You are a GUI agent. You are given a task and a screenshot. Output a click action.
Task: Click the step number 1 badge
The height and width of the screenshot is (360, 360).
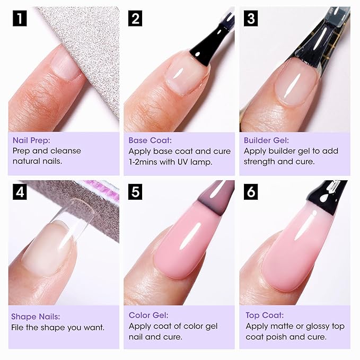pos(19,19)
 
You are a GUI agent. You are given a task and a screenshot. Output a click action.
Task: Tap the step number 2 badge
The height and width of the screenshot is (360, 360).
pos(135,19)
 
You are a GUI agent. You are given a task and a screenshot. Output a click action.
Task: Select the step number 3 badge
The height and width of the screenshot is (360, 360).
pos(250,19)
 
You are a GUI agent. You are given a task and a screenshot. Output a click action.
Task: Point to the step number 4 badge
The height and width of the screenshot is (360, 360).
pos(19,191)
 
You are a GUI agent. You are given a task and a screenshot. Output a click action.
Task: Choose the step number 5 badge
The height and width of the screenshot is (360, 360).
pos(135,191)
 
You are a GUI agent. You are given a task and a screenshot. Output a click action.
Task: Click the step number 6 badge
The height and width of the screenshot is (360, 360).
pos(250,191)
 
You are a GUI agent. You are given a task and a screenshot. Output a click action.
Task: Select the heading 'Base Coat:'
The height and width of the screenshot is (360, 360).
pos(150,141)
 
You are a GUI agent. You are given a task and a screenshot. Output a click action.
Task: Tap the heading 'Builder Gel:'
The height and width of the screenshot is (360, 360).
pos(266,141)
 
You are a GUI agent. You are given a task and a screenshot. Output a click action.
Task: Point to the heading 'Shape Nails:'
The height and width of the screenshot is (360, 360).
pos(36,317)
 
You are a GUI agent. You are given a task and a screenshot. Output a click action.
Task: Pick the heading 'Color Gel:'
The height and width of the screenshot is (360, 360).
pos(148,315)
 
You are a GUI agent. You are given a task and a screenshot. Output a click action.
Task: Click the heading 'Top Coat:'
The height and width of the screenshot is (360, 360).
pos(265,315)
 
